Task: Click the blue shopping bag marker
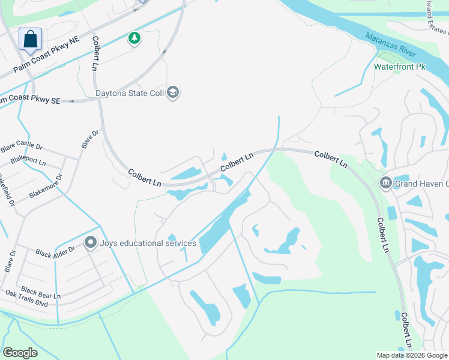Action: tap(30, 40)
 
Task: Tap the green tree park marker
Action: tap(134, 39)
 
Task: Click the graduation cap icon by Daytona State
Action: tap(173, 92)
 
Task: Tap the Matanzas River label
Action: tap(390, 46)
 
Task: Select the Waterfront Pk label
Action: tap(399, 67)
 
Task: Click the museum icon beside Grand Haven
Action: tap(385, 183)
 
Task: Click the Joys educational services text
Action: tap(148, 243)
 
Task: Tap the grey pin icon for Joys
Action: tap(91, 242)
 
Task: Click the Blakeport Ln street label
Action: tap(23, 162)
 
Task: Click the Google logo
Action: tap(20, 352)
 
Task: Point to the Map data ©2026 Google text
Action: tap(412, 355)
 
